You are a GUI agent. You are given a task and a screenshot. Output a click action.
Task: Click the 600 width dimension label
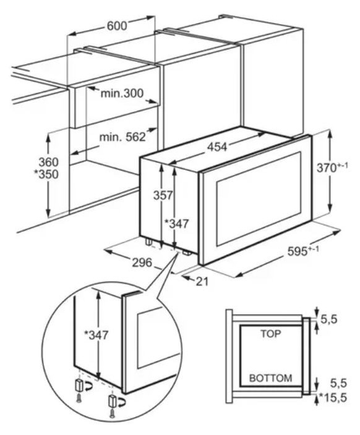117,26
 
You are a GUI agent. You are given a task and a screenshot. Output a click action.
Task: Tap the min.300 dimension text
122,93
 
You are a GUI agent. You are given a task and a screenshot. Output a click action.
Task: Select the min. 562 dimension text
122,137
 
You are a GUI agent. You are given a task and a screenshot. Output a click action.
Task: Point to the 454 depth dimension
217,147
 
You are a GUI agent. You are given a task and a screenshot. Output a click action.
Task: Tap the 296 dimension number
142,262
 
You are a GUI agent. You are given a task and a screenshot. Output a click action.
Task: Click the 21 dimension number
202,282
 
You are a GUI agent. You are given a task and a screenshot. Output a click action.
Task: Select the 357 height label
163,195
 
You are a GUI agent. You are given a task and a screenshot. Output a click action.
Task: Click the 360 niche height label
49,162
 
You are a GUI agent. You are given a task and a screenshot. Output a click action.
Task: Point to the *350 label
46,174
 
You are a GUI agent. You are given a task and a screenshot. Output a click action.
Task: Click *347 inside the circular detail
96,335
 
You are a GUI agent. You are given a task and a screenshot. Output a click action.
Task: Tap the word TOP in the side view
270,334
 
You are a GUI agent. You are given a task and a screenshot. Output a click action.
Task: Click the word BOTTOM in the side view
270,378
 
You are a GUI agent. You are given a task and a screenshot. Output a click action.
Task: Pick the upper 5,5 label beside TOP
329,319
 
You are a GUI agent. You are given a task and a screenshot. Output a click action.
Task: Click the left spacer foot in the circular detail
79,385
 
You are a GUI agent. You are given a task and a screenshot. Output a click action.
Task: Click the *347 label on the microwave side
177,223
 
